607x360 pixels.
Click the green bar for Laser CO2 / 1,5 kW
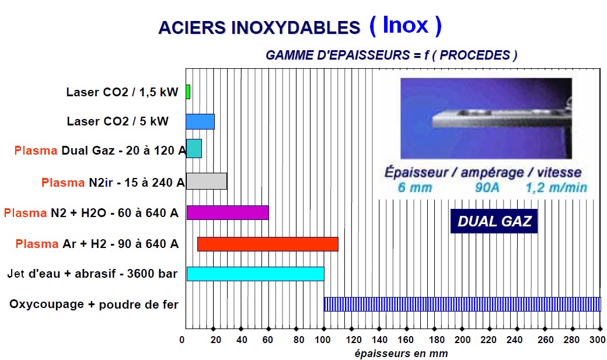pos(188,92)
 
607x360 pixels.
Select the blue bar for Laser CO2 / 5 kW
pos(200,121)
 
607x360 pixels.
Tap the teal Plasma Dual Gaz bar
pos(194,149)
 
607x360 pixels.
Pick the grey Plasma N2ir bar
pos(207,181)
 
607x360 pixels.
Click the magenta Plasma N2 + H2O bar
pos(228,212)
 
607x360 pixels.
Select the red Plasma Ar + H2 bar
pos(268,244)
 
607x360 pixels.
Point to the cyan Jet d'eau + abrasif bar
pos(256,274)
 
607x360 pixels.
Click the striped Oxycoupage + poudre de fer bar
pos(462,304)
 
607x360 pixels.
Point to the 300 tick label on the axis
pos(597,340)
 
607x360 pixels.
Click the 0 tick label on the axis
pos(182,340)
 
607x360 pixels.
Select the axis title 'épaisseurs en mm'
pos(401,354)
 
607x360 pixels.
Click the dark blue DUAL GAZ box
pos(494,221)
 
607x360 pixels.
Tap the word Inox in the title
pos(405,26)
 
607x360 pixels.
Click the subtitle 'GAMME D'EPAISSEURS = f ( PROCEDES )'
pos(392,55)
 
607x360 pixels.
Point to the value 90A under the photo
pos(487,188)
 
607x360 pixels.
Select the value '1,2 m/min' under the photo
pos(556,188)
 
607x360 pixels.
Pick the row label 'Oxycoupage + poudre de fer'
pos(94,305)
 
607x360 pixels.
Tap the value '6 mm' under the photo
pos(414,188)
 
